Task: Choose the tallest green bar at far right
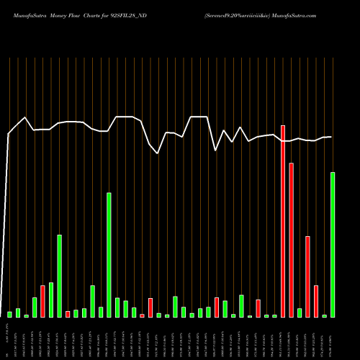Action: [x=333, y=245]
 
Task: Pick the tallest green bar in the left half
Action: [x=109, y=255]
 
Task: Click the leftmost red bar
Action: [x=42, y=301]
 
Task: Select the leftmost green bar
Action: [x=10, y=314]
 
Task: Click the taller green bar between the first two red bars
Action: [x=59, y=276]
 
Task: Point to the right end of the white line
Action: [x=331, y=137]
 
